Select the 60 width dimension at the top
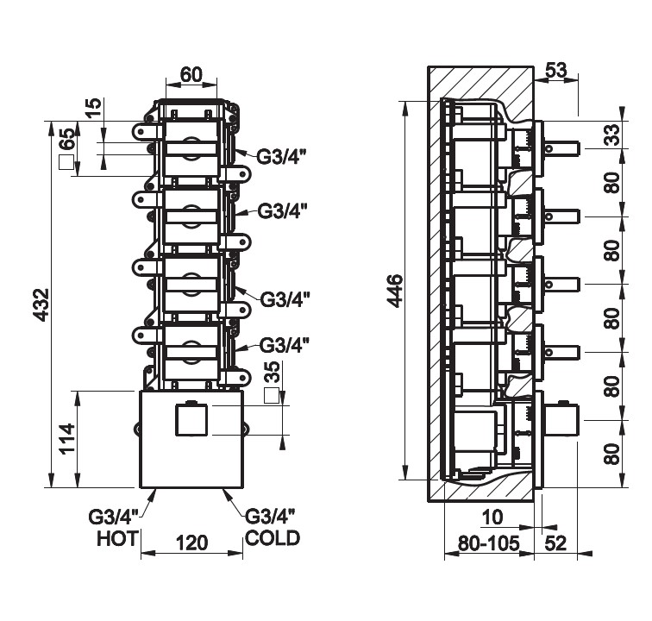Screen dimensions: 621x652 pos(191,75)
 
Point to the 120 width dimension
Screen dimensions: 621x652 pos(191,543)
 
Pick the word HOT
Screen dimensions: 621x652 pos(118,540)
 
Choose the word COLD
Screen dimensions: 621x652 pos(273,538)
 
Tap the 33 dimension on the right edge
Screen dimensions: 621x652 pos(611,135)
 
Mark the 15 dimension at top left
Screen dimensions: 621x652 pos(95,108)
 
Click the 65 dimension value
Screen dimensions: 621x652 pos(66,139)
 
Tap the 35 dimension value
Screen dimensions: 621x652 pos(272,374)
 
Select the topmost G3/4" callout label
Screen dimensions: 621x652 pos(281,156)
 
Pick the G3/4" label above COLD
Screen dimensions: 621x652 pos(271,517)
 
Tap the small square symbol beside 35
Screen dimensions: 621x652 pos(272,396)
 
